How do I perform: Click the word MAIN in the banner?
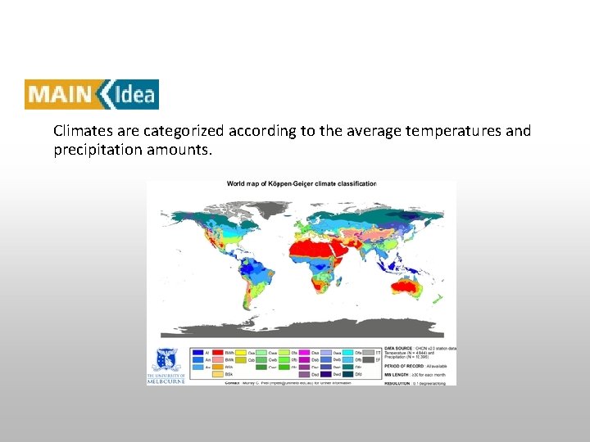tap(59, 94)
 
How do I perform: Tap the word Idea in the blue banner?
tap(134, 94)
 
